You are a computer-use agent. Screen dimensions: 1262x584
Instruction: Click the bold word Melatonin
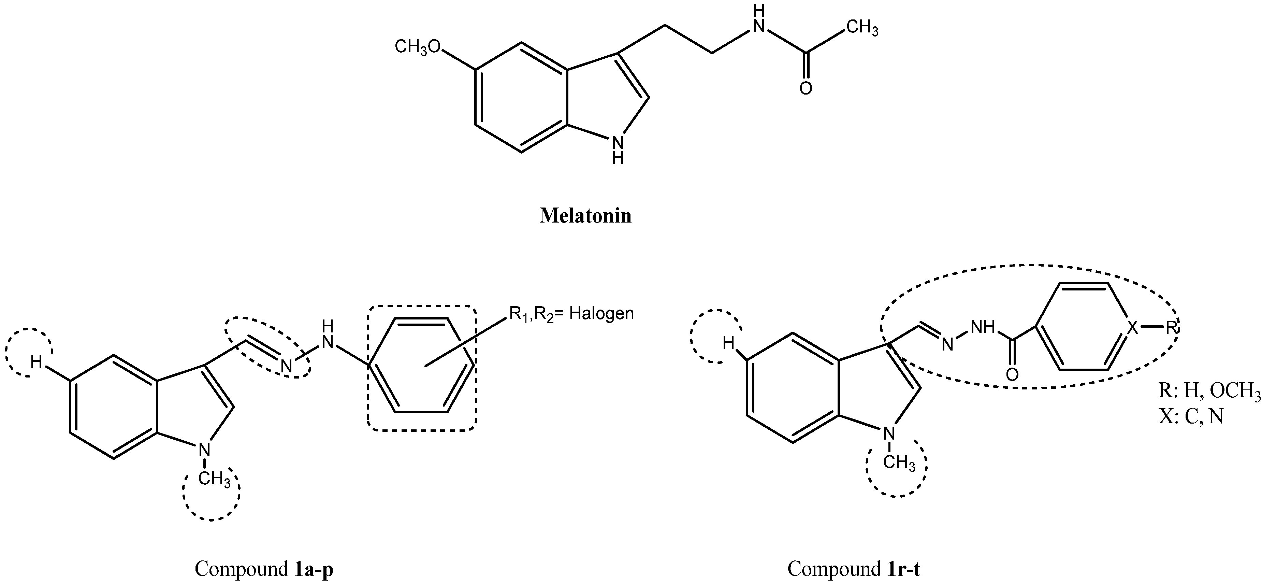[585, 216]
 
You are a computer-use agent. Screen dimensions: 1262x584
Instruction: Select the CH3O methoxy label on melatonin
[417, 47]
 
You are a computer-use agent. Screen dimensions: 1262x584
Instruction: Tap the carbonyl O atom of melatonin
[806, 89]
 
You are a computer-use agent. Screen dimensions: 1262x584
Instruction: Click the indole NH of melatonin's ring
[618, 149]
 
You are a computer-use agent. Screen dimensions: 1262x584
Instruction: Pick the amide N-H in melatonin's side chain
[758, 19]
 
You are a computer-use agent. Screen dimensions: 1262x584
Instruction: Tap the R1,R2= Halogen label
[571, 314]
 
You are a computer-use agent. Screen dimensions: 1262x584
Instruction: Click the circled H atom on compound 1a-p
[36, 362]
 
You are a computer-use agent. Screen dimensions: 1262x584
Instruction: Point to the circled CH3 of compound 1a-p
[214, 478]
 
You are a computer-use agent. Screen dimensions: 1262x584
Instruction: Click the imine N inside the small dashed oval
[287, 366]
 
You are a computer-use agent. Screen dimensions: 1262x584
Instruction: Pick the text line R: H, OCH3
[1209, 390]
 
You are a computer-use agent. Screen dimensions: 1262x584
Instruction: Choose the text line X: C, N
[1191, 416]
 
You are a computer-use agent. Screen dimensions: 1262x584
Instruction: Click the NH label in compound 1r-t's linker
[983, 327]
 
